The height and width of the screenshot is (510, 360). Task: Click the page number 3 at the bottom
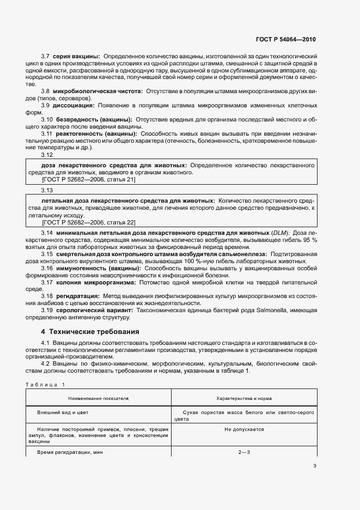(x=315, y=465)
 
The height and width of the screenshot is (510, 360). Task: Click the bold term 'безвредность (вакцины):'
(x=93, y=119)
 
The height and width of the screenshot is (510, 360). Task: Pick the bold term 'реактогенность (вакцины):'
(x=96, y=133)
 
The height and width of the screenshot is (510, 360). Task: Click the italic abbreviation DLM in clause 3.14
(x=280, y=233)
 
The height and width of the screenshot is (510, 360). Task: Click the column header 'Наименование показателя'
(x=99, y=399)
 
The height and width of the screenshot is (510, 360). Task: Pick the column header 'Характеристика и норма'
(x=244, y=399)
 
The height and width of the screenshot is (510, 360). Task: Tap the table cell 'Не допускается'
(x=244, y=429)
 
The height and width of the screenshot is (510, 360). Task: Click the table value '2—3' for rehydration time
(x=244, y=452)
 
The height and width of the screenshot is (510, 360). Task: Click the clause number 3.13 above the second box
(x=47, y=190)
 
